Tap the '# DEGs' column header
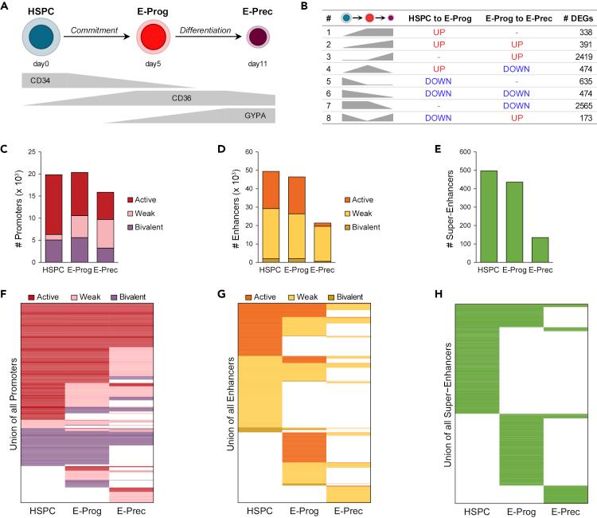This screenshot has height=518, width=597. point(571,16)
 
